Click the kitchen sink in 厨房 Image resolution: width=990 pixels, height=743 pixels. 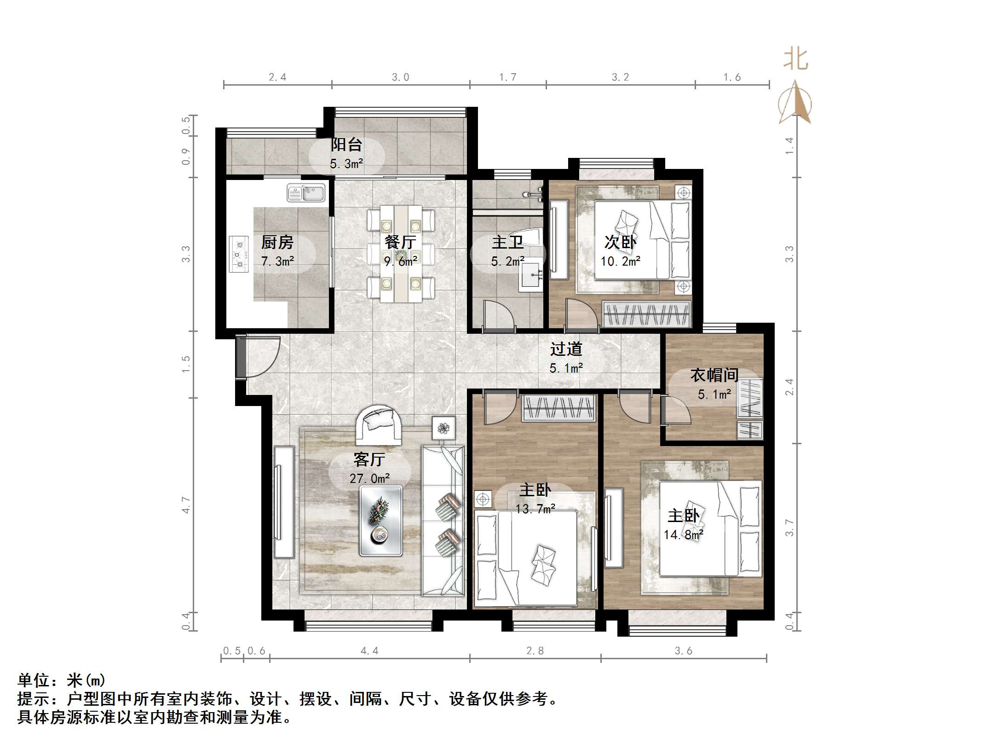[x=306, y=193]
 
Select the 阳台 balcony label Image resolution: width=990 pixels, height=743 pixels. [x=346, y=145]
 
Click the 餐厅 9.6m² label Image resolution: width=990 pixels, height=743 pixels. [x=400, y=251]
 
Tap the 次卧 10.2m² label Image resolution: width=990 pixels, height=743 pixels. [x=620, y=251]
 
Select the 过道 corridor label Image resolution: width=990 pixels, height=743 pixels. [x=566, y=349]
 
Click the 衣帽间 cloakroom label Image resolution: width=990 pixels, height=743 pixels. [x=714, y=375]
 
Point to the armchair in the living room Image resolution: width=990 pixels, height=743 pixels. [x=378, y=424]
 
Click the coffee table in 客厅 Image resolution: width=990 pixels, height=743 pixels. [x=381, y=521]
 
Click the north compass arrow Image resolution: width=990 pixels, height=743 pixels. [x=795, y=103]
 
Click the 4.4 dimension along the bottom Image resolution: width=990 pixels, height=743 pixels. [x=369, y=650]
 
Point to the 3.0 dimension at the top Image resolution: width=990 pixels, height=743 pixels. [x=400, y=77]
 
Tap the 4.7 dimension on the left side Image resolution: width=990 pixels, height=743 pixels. [x=186, y=505]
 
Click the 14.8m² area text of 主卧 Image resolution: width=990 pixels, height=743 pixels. [x=683, y=534]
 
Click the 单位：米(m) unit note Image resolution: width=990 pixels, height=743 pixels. [x=62, y=680]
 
